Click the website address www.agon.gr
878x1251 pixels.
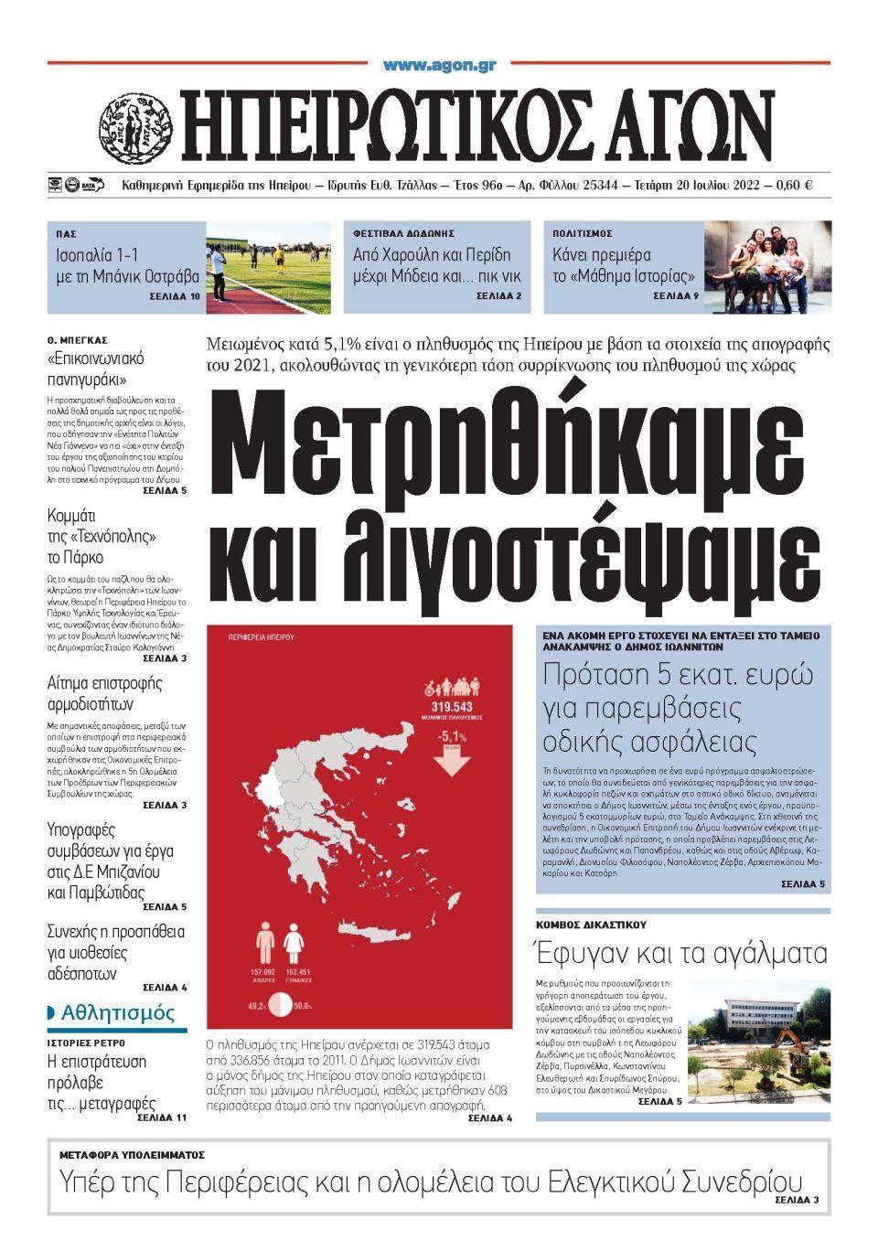point(440,65)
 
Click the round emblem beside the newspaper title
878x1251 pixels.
point(134,126)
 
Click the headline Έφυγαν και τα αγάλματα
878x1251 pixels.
point(681,954)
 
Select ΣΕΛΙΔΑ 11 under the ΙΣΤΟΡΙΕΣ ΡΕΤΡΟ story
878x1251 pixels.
point(162,1117)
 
